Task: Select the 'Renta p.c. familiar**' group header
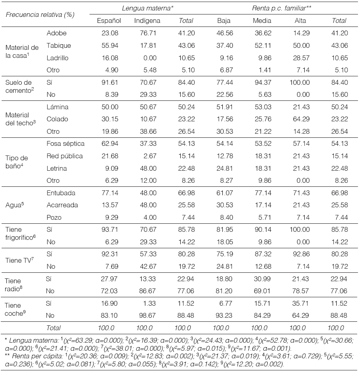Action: pos(281,8)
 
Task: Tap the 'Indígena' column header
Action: pos(147,20)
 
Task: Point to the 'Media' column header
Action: pos(261,20)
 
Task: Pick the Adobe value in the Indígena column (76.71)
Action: pos(147,33)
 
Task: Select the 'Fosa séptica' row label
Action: pos(65,144)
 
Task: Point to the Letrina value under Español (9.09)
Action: pos(110,168)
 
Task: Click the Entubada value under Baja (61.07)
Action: pos(224,193)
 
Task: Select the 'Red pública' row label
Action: pos(65,156)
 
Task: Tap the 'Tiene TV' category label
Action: pos(18,260)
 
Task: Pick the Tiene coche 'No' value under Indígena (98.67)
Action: pos(147,315)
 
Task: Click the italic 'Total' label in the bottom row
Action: pos(54,328)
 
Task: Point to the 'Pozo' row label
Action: pos(54,217)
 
